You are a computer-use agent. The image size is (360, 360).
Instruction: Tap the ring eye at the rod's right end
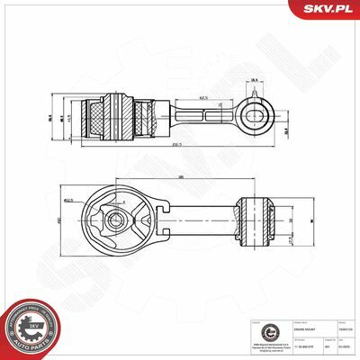256,114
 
